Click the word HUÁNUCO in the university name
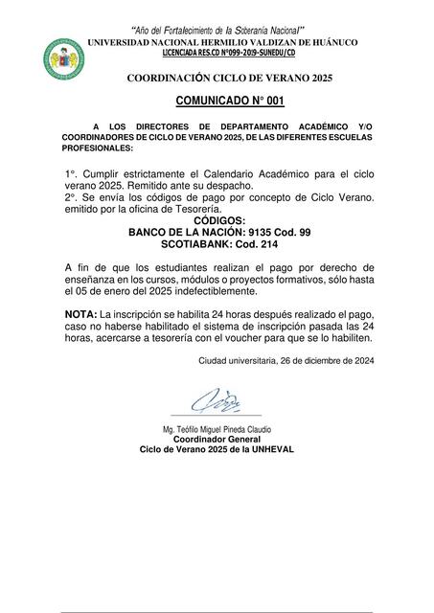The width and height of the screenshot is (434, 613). [331, 43]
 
